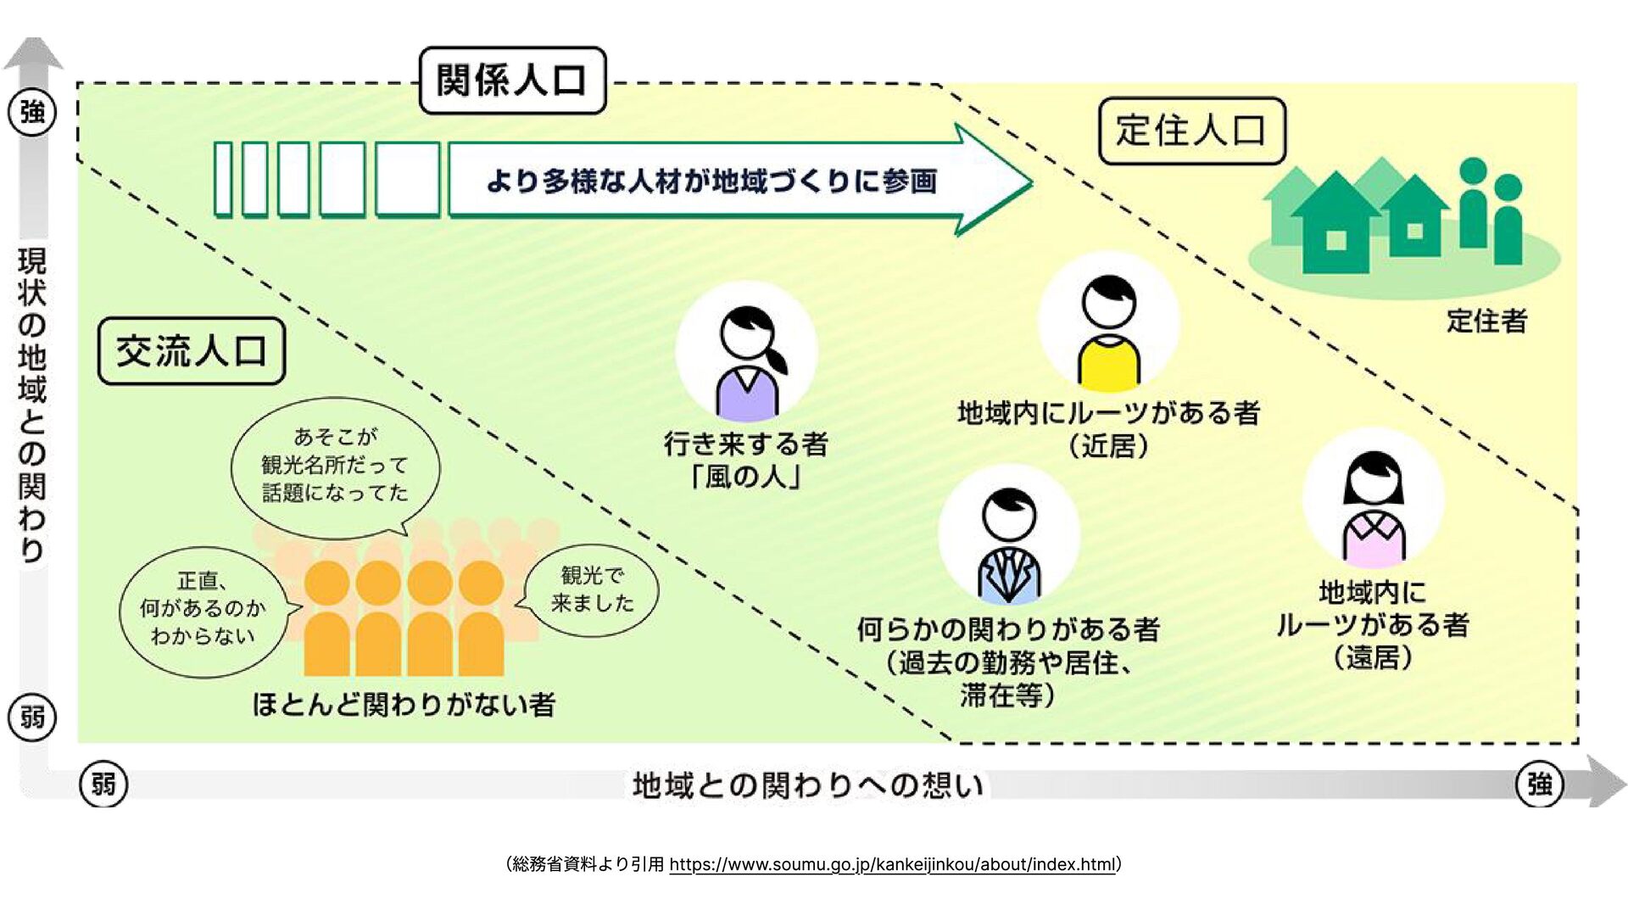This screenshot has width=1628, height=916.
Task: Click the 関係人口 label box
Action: point(512,81)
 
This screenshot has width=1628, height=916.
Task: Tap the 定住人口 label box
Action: point(1191,131)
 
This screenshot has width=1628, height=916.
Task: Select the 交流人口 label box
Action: point(192,351)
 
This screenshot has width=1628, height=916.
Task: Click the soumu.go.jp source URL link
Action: point(892,864)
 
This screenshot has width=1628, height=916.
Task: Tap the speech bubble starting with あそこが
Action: point(335,466)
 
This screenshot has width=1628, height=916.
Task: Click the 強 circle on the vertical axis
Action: point(32,111)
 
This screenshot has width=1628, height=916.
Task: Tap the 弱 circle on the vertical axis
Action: point(32,717)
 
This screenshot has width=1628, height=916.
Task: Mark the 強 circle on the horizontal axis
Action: point(1539,784)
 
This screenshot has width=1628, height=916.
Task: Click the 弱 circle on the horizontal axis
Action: point(103,784)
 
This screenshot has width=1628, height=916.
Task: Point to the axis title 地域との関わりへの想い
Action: point(807,785)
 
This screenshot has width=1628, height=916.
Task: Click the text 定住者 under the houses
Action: point(1486,321)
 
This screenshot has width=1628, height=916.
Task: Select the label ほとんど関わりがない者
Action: point(404,704)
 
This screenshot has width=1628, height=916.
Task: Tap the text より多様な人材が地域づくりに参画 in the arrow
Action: point(711,181)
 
